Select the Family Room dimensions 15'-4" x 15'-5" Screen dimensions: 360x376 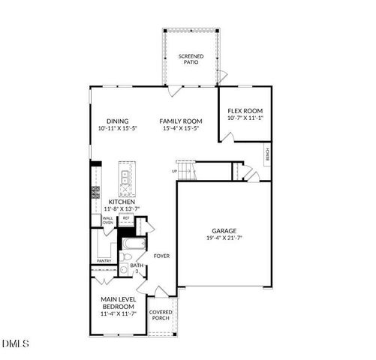click(181, 129)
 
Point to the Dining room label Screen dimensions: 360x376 click(117, 121)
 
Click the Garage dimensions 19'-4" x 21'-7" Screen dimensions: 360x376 click(224, 238)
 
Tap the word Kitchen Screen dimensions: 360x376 click(122, 202)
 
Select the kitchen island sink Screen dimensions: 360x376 click(125, 178)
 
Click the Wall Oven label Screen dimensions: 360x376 click(108, 220)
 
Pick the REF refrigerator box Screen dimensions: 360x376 click(126, 219)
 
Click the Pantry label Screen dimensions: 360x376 click(104, 261)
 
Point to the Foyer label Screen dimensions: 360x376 click(161, 256)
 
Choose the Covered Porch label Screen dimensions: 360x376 click(160, 315)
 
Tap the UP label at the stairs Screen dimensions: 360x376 click(174, 171)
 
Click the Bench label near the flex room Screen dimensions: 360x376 click(267, 155)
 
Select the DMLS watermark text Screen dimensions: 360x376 click(15, 343)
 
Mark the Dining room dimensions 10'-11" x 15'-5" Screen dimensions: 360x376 click(117, 129)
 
